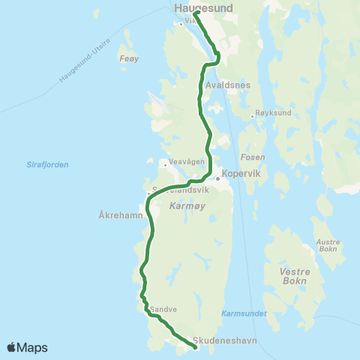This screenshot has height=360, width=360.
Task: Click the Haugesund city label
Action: click(x=203, y=7)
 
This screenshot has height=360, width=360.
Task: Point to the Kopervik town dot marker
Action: click(x=217, y=178)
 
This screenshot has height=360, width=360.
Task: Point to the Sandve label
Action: click(x=163, y=308)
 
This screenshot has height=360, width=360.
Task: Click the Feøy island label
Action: click(x=130, y=57)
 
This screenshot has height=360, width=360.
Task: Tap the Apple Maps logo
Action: click(x=28, y=347)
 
